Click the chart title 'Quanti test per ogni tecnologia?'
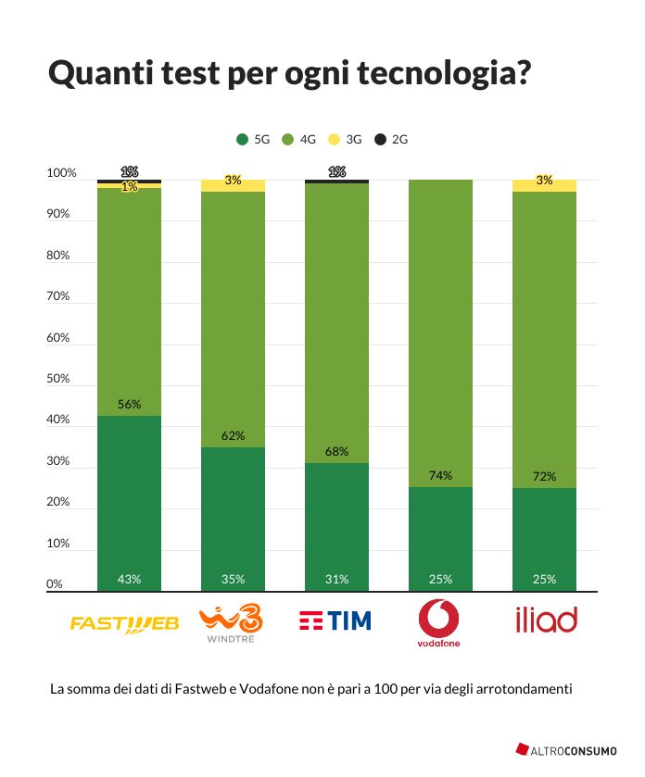(x=289, y=74)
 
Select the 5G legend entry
(x=254, y=140)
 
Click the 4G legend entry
(x=299, y=140)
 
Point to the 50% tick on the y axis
(x=57, y=379)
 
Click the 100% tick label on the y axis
(x=60, y=173)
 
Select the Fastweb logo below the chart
(x=125, y=623)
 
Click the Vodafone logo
(x=439, y=622)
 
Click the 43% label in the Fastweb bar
(x=129, y=580)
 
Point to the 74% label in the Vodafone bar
(x=440, y=476)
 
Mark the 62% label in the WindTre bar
(x=233, y=435)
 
